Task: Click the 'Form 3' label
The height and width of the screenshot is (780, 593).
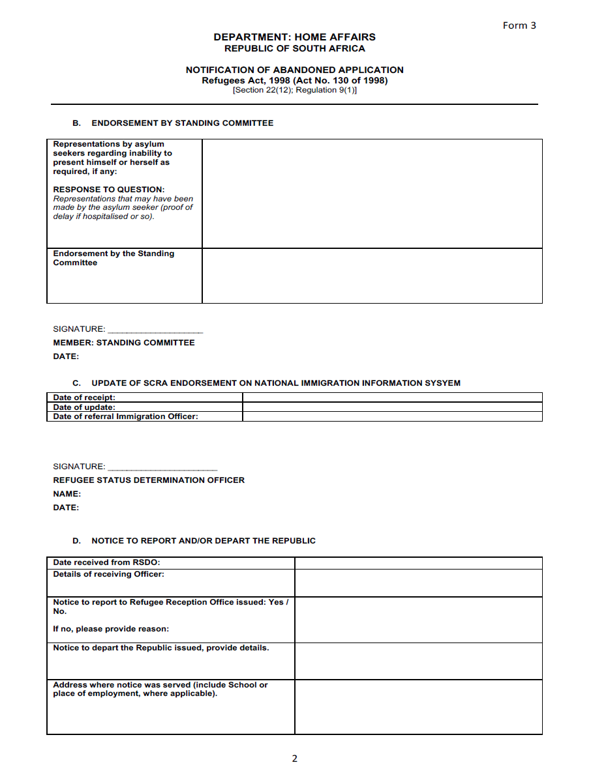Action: (519, 25)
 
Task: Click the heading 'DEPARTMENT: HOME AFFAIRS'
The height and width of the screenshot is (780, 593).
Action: (294, 37)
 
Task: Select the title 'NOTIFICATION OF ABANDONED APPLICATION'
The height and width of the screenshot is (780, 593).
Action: (294, 70)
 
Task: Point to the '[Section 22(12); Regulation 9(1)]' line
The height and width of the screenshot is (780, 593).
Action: (294, 90)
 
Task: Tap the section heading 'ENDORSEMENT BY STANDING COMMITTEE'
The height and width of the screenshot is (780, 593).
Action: (182, 123)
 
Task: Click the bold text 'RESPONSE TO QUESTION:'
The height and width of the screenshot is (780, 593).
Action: (109, 190)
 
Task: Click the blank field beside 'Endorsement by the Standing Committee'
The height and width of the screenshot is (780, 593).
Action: (372, 276)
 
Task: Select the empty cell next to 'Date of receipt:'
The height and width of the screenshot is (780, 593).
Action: (392, 397)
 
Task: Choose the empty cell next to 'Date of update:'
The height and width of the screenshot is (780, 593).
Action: (392, 407)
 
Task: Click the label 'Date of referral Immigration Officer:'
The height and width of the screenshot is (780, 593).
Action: (125, 416)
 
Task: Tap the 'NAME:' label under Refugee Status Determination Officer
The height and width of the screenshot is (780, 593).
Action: (67, 494)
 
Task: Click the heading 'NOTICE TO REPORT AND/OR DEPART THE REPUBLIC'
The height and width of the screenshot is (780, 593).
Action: (203, 541)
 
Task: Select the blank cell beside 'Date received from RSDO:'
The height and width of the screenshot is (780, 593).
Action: (418, 563)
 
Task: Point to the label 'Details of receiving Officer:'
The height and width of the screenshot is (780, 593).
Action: (108, 574)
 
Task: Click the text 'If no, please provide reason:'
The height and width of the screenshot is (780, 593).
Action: (111, 629)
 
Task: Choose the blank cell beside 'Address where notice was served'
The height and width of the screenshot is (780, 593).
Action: (418, 707)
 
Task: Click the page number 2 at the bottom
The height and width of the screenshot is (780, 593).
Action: (294, 758)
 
